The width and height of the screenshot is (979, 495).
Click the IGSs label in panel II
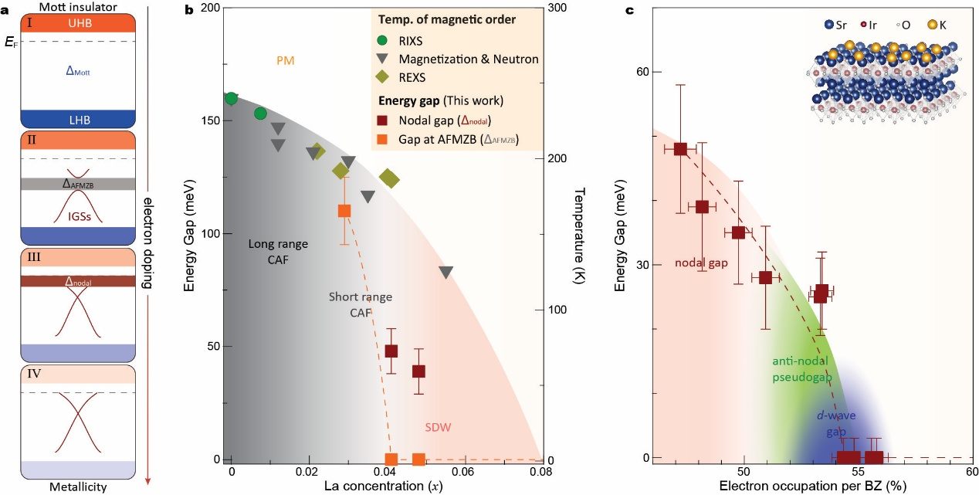(78, 217)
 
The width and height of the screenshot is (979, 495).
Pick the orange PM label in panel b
(286, 59)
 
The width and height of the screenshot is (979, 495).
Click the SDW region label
(439, 427)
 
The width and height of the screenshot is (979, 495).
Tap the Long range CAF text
(278, 251)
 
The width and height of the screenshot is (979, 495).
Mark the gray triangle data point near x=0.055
(445, 272)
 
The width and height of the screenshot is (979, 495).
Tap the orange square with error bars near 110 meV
(344, 210)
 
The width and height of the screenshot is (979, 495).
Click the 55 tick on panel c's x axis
(858, 470)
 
